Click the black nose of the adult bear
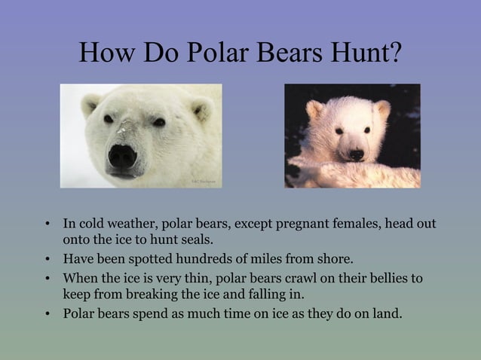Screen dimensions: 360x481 [x=122, y=156]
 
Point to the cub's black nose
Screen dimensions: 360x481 [x=355, y=154]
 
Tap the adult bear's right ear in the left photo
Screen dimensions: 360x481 [x=201, y=110]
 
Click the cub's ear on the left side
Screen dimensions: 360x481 [x=315, y=110]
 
